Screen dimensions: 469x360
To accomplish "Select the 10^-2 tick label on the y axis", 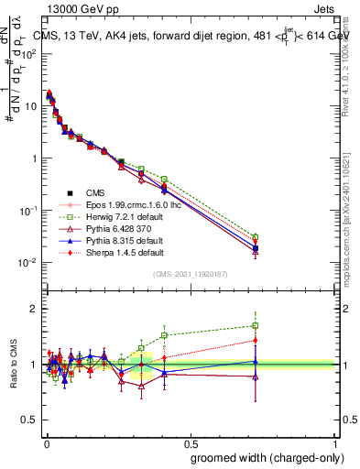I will (x=25, y=262).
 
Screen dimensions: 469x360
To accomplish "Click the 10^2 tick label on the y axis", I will (x=25, y=53).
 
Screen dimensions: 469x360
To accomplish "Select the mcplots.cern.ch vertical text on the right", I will (x=353, y=220).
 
